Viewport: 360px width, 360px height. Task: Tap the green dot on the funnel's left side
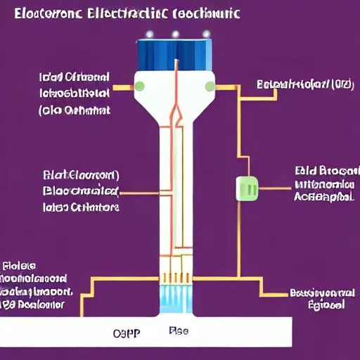click(140, 86)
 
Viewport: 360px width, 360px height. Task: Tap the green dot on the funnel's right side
click(210, 86)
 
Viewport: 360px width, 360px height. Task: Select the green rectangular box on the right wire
click(248, 188)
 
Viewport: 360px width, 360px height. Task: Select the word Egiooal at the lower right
click(326, 305)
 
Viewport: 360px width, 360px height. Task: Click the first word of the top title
click(47, 13)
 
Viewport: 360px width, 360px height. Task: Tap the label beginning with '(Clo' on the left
click(75, 110)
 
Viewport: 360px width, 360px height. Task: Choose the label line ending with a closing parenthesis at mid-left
click(81, 174)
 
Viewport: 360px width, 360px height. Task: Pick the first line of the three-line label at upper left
click(75, 77)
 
